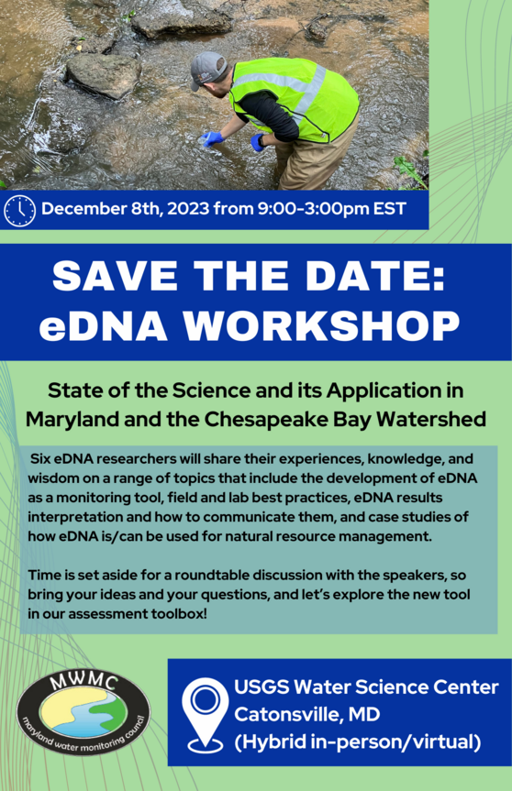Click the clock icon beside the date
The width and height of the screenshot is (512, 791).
pyautogui.click(x=19, y=211)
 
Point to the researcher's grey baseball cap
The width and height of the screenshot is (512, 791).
pyautogui.click(x=209, y=69)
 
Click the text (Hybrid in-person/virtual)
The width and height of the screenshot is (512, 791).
pyautogui.click(x=357, y=741)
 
